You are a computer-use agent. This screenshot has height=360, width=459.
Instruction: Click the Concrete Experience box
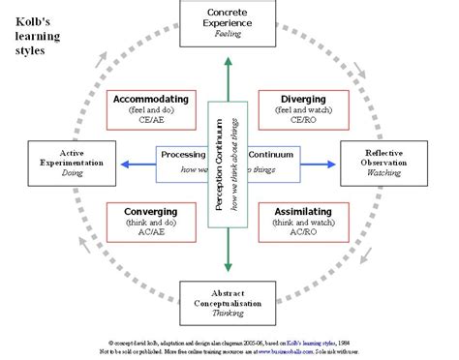(x=229, y=22)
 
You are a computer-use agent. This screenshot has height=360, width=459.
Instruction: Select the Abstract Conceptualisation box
(x=229, y=303)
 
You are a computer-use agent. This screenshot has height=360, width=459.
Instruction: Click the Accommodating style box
(x=151, y=111)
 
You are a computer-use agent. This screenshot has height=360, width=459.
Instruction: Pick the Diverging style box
(x=303, y=111)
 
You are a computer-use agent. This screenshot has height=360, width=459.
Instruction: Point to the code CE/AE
(x=151, y=123)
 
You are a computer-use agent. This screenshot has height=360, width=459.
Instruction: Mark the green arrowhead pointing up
(x=229, y=62)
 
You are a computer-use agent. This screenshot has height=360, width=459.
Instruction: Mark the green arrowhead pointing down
(x=229, y=268)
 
